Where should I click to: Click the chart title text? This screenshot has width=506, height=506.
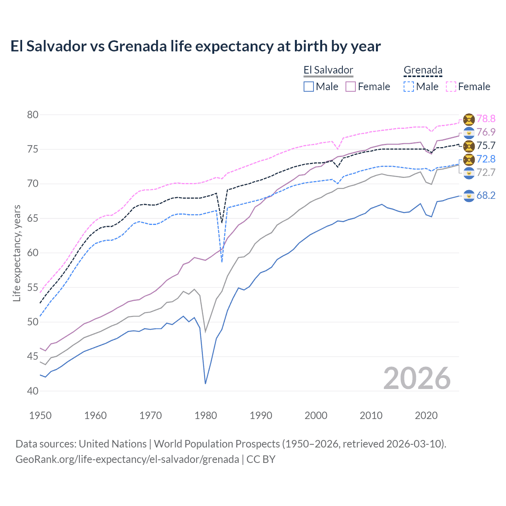195,46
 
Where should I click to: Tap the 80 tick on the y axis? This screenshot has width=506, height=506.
33,115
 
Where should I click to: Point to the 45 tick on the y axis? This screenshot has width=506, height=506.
33,357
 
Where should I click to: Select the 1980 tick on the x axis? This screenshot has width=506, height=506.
206,415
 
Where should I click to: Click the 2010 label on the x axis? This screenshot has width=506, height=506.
371,415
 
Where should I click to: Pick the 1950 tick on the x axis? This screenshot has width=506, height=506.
40,415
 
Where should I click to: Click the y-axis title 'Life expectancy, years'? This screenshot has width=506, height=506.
17,253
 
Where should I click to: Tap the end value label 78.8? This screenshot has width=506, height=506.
486,119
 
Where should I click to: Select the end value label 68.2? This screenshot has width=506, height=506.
486,195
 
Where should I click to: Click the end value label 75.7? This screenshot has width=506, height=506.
486,145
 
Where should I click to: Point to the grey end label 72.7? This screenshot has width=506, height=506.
486,172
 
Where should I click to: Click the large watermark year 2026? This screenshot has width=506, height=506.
417,378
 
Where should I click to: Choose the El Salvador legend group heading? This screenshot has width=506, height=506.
328,70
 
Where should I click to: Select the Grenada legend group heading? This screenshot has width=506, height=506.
423,70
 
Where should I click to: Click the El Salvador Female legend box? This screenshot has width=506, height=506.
351,87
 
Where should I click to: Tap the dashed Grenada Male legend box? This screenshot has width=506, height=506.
409,87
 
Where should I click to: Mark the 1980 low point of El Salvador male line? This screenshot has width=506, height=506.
206,383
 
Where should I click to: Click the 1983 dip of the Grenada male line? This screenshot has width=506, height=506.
222,262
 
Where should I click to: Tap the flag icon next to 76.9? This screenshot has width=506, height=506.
469,132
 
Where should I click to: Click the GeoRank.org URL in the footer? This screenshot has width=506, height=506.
127,459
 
